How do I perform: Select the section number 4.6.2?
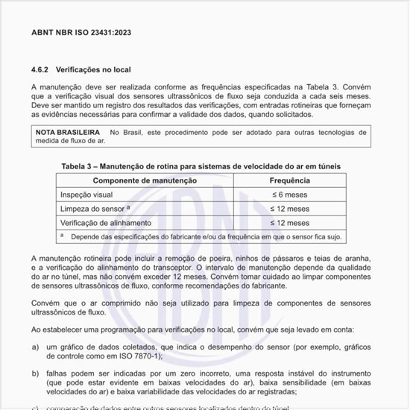click(40, 69)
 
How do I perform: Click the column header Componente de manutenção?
click(145, 181)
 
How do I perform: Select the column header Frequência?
click(289, 181)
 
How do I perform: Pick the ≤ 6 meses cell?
click(289, 195)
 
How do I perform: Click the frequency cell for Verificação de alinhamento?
click(289, 223)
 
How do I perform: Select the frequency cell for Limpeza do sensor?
click(289, 209)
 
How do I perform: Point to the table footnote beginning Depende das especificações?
click(201, 236)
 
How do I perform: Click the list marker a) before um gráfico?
click(35, 347)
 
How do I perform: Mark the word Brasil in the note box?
click(135, 132)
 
